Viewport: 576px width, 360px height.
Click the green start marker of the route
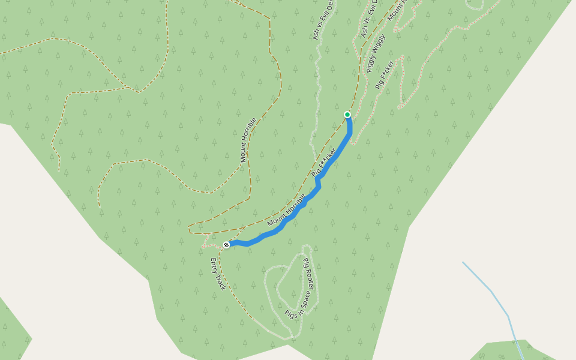[x=347, y=114]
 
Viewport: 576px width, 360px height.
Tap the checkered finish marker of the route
[x=226, y=244]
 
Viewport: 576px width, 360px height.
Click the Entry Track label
[x=218, y=274]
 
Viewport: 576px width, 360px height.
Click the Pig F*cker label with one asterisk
[x=384, y=75]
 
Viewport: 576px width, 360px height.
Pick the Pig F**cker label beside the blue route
[x=324, y=162]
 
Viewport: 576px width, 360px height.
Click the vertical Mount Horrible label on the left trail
[x=248, y=140]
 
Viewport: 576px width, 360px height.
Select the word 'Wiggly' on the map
[x=380, y=45]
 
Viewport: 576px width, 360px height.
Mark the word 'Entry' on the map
[x=214, y=266]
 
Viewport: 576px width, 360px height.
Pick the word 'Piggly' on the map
[x=371, y=63]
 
